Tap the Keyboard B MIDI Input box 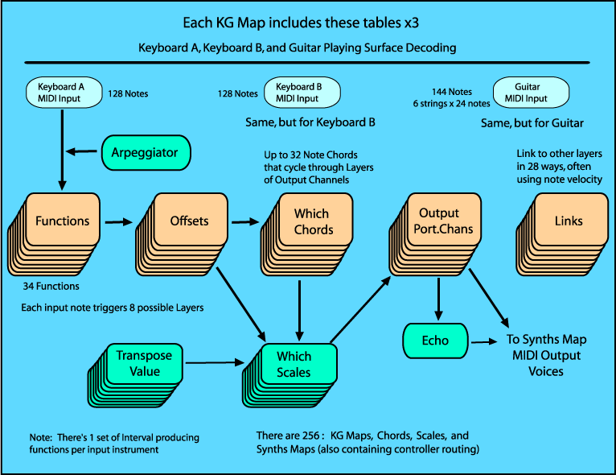(x=299, y=93)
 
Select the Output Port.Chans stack (x=434, y=229)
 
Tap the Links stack (x=563, y=229)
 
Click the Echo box (x=435, y=341)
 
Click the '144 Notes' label (x=454, y=93)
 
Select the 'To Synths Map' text (x=542, y=341)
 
